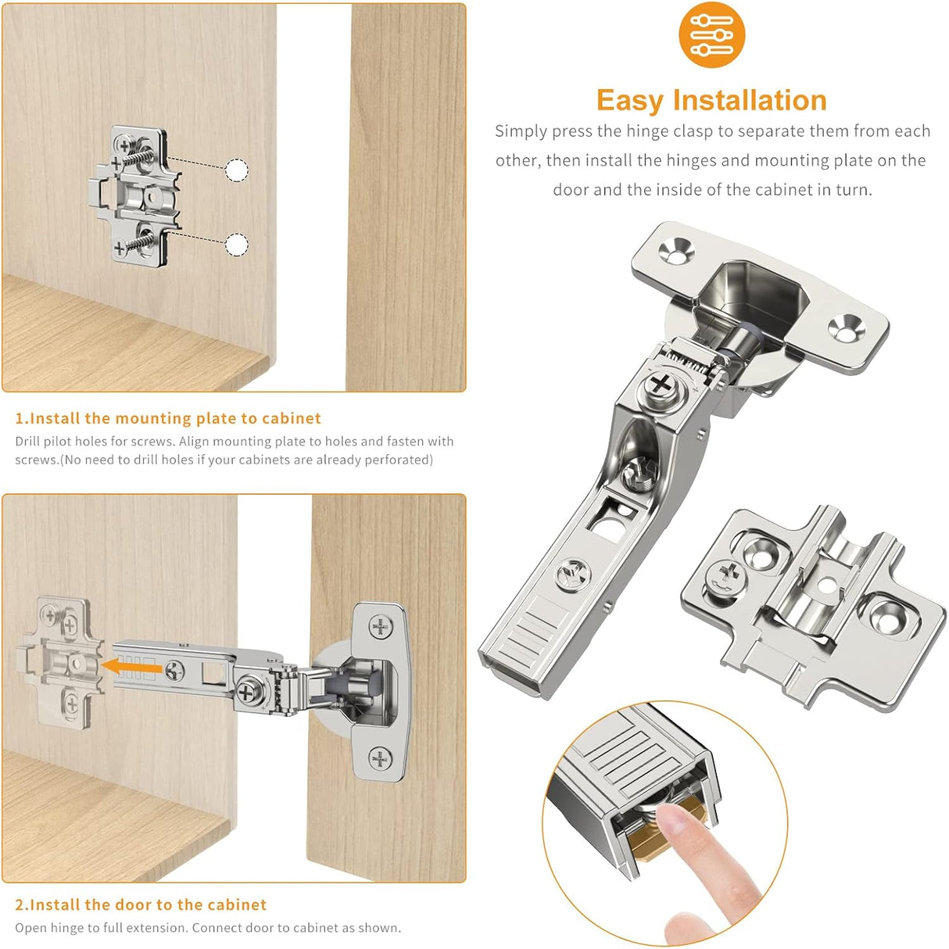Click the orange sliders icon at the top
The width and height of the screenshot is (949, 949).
pyautogui.click(x=711, y=35)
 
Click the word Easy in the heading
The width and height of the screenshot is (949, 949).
pyautogui.click(x=630, y=101)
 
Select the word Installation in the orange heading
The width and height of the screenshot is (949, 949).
pyautogui.click(x=750, y=101)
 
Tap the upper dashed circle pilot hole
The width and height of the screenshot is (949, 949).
pyautogui.click(x=237, y=170)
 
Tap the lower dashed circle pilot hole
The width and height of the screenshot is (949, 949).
pyautogui.click(x=237, y=245)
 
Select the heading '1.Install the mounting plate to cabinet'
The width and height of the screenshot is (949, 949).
pyautogui.click(x=168, y=418)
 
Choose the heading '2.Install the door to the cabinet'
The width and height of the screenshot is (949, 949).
pyautogui.click(x=141, y=904)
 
